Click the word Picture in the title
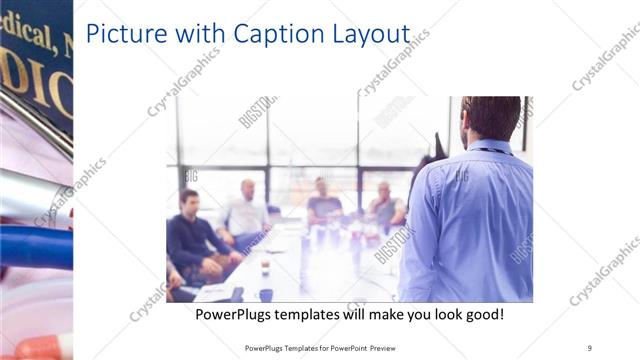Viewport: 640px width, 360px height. (125, 33)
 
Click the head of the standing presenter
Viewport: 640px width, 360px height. (489, 117)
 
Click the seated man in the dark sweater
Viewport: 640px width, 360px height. (190, 235)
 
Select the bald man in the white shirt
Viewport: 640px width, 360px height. (246, 210)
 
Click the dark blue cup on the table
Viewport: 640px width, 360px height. (265, 295)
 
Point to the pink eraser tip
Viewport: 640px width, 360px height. (40, 347)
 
